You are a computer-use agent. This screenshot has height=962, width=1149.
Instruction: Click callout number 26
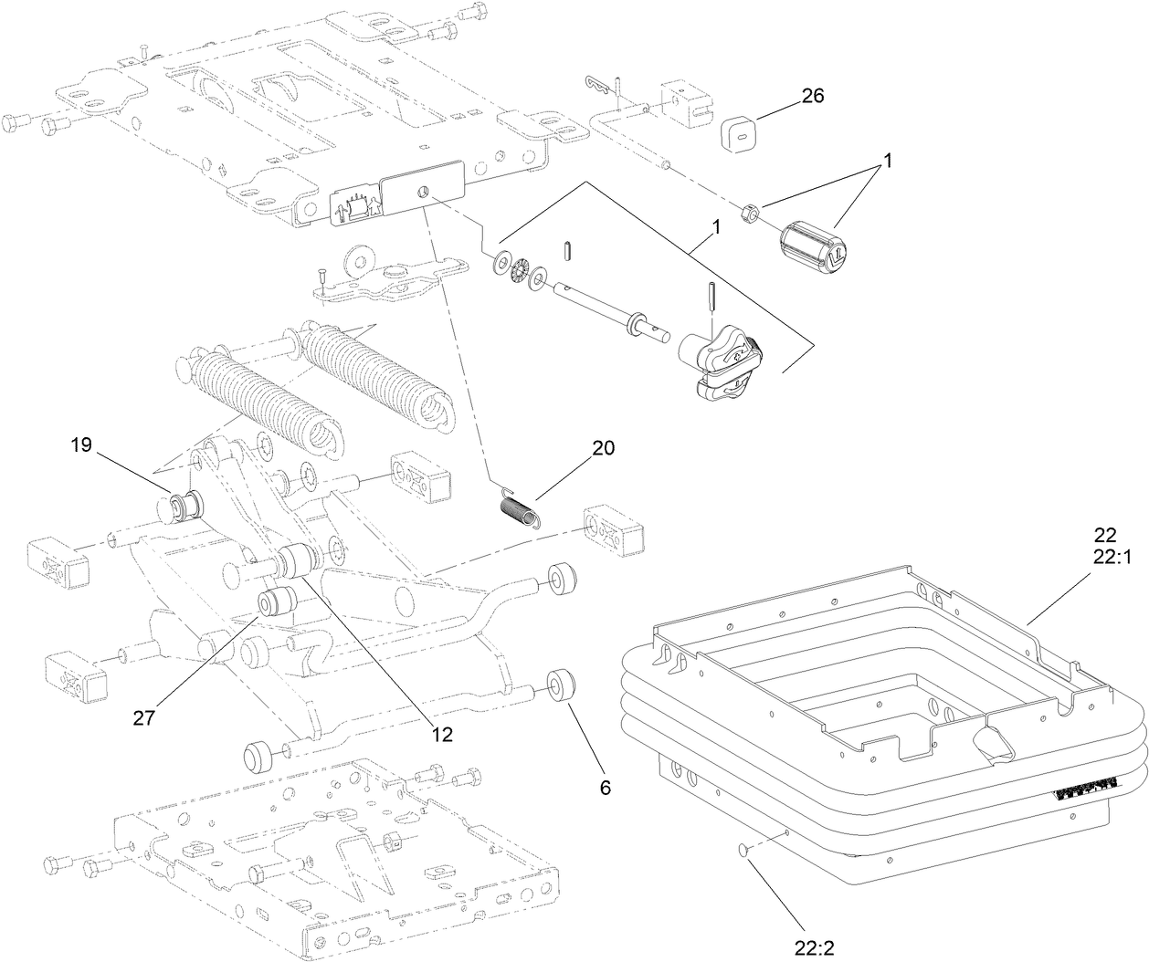pos(811,95)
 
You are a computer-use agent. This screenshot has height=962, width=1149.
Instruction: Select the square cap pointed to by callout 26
pos(741,137)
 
